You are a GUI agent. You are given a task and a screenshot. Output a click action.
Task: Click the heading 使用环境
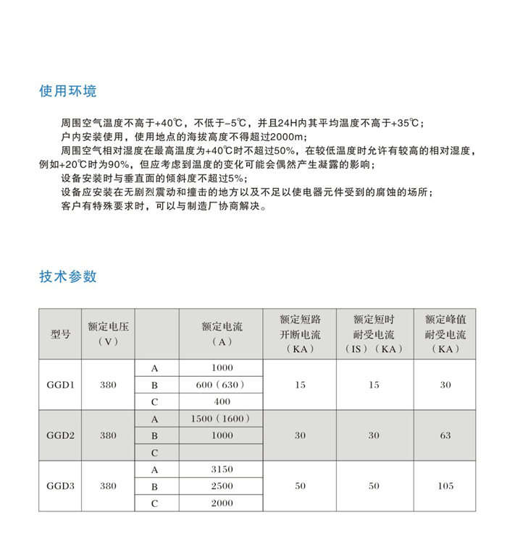pos(68,92)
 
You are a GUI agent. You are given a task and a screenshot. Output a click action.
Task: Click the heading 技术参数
pos(68,277)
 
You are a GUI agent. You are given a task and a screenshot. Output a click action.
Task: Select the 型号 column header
pos(61,334)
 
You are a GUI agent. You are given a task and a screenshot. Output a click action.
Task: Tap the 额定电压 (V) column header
pos(108,334)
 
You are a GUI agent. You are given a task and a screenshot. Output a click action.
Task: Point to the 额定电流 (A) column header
pos(222,334)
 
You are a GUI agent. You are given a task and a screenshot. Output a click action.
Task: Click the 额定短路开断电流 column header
pos(300,334)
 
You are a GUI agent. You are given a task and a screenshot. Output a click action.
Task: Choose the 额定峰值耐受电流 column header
pos(445,334)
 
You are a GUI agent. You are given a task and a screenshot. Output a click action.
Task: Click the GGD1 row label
pos(61,385)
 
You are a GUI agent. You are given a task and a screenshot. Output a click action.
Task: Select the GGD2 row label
pos(61,435)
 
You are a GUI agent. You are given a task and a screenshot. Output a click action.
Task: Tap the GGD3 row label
pos(61,486)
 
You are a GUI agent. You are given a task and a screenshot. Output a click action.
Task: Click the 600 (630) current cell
pos(222,385)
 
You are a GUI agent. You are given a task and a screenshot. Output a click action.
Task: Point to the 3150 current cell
pos(222,469)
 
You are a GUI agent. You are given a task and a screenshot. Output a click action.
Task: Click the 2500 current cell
pos(222,486)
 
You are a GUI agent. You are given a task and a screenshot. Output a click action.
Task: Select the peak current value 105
pos(445,486)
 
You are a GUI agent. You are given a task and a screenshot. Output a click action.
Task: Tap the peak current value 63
pos(445,435)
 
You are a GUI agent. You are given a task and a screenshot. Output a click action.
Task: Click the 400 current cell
pos(222,401)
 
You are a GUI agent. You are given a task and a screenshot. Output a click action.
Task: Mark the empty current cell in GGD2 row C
pos(222,453)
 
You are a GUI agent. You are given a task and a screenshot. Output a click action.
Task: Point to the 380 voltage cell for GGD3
pos(108,486)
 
